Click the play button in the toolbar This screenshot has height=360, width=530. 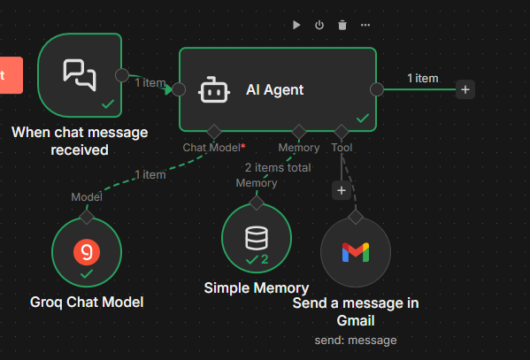click(x=296, y=25)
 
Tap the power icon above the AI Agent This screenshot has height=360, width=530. click(x=319, y=25)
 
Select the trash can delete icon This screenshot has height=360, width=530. click(x=342, y=25)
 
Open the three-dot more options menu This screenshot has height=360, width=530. click(x=365, y=25)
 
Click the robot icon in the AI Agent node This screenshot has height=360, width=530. click(x=213, y=89)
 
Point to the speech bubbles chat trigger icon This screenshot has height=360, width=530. click(x=80, y=75)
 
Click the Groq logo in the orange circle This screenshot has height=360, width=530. click(x=87, y=252)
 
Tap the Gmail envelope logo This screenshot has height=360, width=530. click(x=356, y=252)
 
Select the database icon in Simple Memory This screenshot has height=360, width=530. click(x=257, y=238)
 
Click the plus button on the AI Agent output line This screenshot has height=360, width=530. click(x=465, y=89)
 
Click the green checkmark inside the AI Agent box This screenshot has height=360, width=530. click(x=363, y=118)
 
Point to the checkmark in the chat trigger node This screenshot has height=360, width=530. click(x=108, y=103)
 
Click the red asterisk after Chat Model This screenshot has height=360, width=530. click(x=243, y=146)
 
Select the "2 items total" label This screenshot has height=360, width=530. click(x=278, y=168)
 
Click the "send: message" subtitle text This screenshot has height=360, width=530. click(x=356, y=341)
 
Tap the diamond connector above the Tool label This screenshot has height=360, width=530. click(x=342, y=132)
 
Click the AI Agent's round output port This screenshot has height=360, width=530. click(x=377, y=89)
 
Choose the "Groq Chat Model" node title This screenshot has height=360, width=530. click(x=87, y=303)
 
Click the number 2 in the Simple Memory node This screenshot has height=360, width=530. click(x=265, y=259)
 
